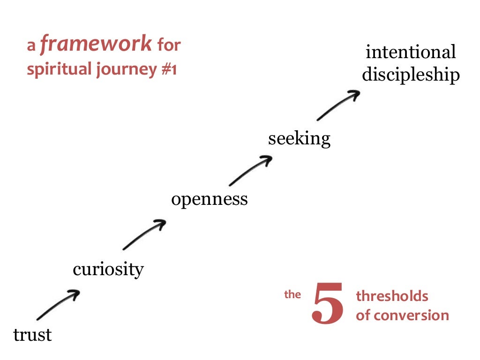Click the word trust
pos(32,335)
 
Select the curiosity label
pos(108,270)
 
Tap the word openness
pos(209,200)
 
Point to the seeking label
pos(299,139)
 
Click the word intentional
pos(411,52)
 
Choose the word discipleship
pos(411,75)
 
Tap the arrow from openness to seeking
pos(250,171)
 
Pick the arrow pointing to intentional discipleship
pos(338,105)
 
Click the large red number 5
pos(328,303)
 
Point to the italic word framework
pos(96,45)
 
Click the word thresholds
pos(392,296)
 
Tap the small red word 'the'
pos(292,295)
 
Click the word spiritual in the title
pos(59,69)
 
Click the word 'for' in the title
pos(169,45)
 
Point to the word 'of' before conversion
pos(362,315)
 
